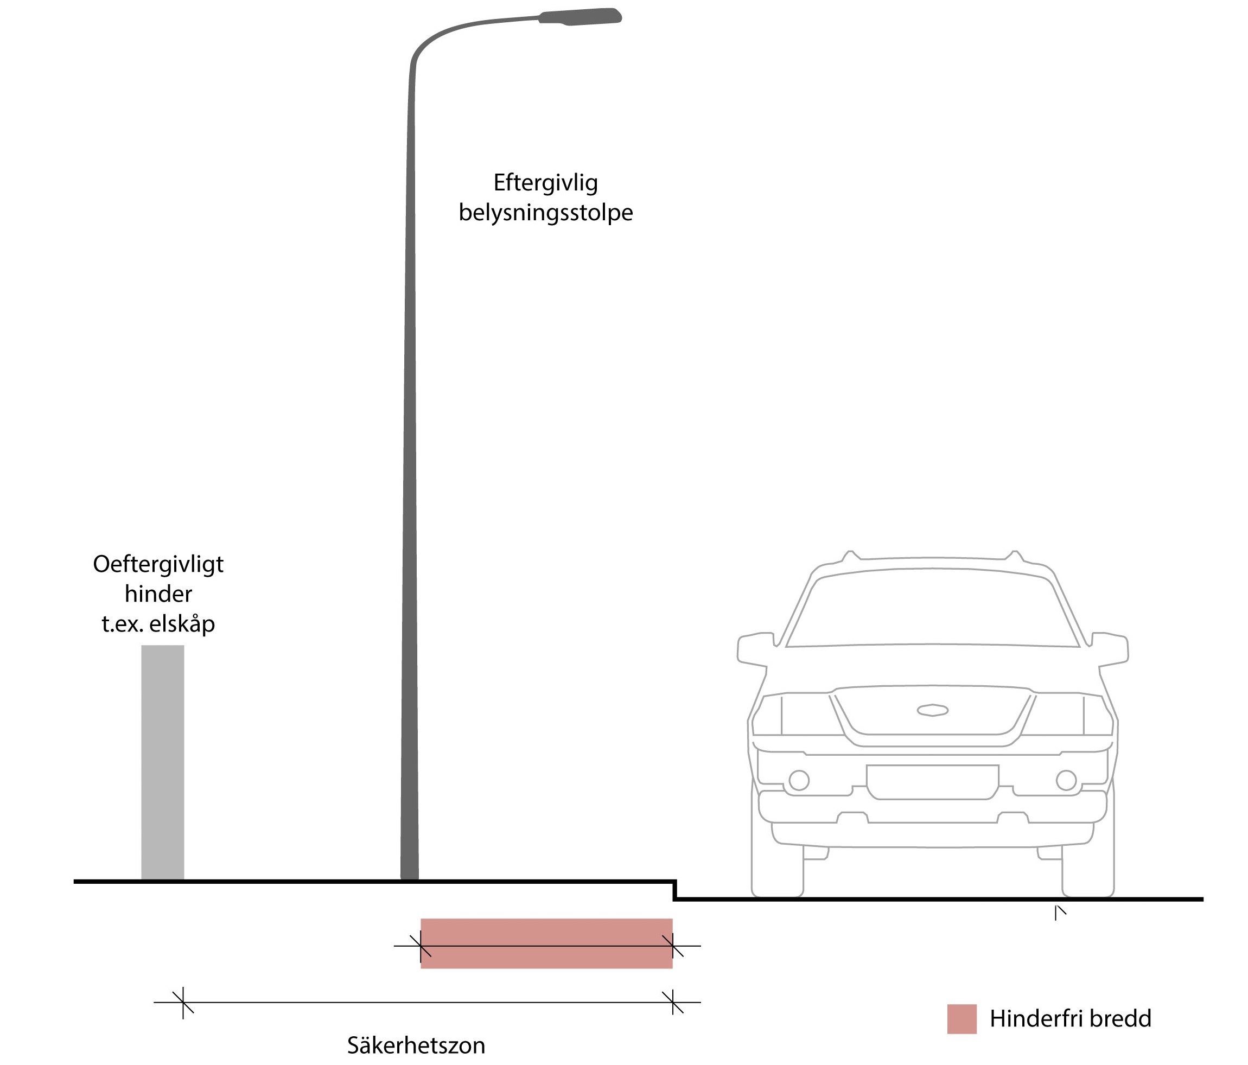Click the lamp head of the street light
pos(580,17)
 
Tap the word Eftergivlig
pos(545,182)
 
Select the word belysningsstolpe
pos(546,213)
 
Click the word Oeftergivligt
pos(158,564)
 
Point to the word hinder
pos(158,595)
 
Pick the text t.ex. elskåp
pos(158,624)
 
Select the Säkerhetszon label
pos(416,1045)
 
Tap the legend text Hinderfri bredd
pos(1071,1019)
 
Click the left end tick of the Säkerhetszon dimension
pos(183,1003)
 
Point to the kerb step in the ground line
pos(674,890)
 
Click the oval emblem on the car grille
pos(932,710)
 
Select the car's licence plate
pos(932,781)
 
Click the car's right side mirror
pos(1110,648)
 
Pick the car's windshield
pos(932,608)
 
